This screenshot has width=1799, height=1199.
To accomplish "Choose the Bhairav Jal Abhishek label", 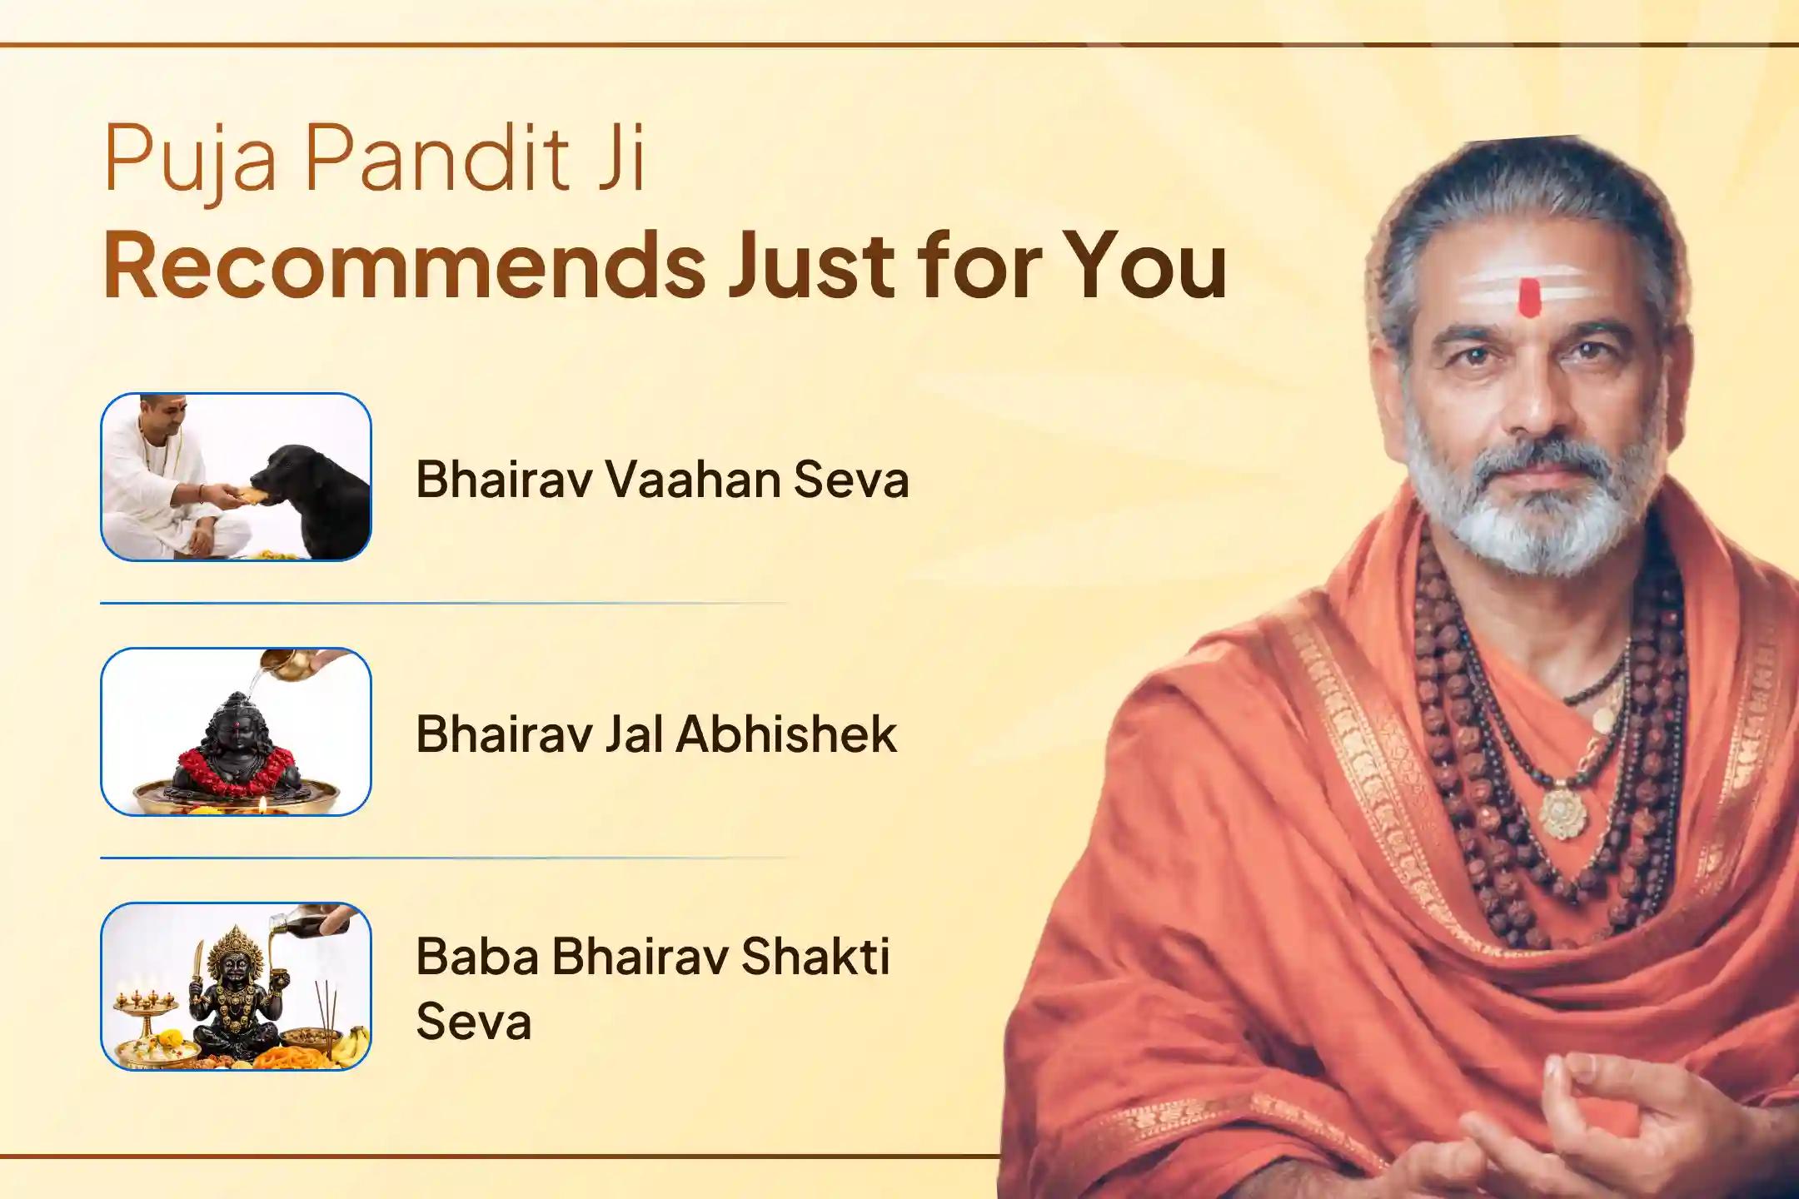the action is point(656,734).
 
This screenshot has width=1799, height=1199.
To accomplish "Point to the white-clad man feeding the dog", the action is point(172,476).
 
